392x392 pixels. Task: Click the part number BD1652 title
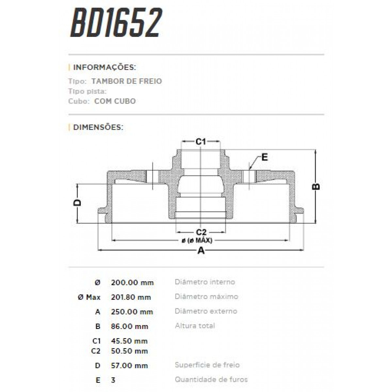click(x=116, y=23)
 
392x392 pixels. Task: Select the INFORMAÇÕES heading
click(x=104, y=68)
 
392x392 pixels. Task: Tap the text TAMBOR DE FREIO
click(x=127, y=81)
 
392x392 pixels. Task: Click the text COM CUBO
click(x=115, y=101)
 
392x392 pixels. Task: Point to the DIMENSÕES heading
click(x=98, y=127)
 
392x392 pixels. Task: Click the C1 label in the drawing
click(x=200, y=141)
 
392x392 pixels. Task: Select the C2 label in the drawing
click(x=201, y=232)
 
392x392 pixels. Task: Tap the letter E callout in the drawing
click(x=265, y=157)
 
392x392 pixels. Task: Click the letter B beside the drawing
click(x=316, y=187)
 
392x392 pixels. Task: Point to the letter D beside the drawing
click(x=77, y=203)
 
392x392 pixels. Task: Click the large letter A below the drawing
click(x=201, y=251)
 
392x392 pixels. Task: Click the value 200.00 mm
click(x=132, y=283)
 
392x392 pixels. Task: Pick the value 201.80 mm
click(x=131, y=297)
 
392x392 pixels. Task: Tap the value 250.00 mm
click(x=132, y=312)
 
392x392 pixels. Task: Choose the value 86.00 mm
click(x=130, y=326)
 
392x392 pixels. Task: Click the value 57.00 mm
click(x=129, y=366)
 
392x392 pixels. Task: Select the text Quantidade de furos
click(x=211, y=380)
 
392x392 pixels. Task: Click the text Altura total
click(x=195, y=326)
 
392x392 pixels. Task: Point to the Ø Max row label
click(x=89, y=297)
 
